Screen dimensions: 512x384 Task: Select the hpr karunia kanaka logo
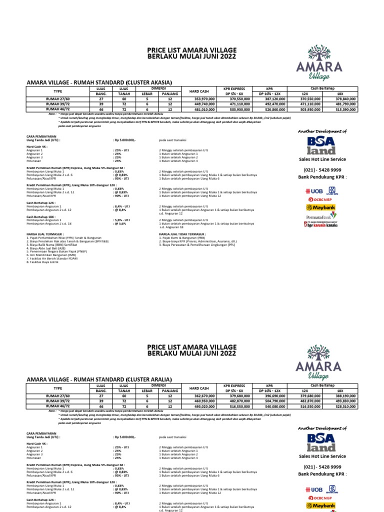pos(321,225)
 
